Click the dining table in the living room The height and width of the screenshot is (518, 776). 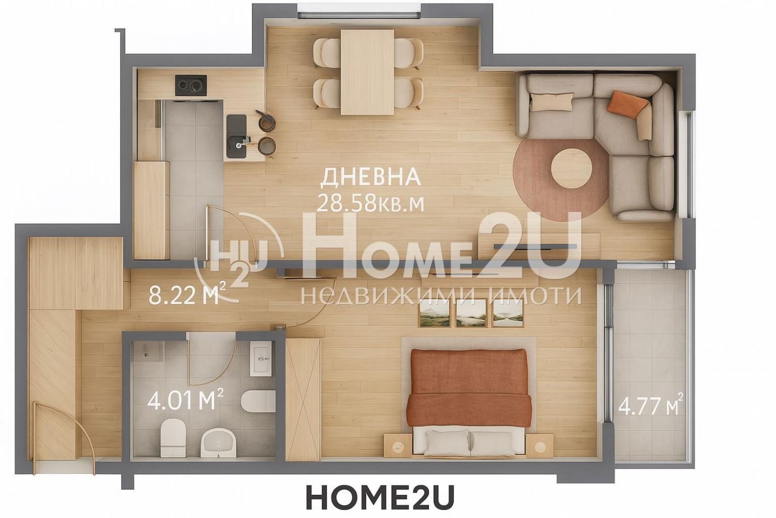click(x=367, y=71)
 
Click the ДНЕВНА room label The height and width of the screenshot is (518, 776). click(x=370, y=178)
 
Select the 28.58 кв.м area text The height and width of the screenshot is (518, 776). click(x=370, y=203)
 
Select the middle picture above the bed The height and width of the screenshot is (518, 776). click(x=471, y=314)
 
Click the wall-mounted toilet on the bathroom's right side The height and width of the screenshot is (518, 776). click(x=258, y=400)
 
